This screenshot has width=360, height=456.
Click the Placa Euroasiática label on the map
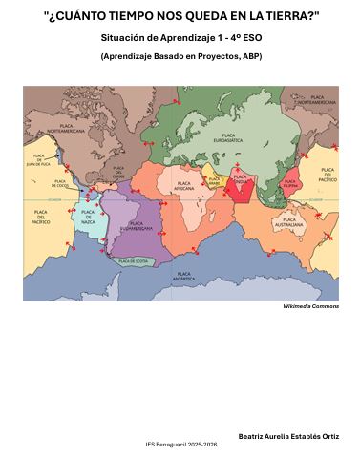[x=227, y=138]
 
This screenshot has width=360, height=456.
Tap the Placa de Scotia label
[x=132, y=260]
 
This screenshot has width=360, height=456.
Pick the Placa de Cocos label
[x=60, y=183]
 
